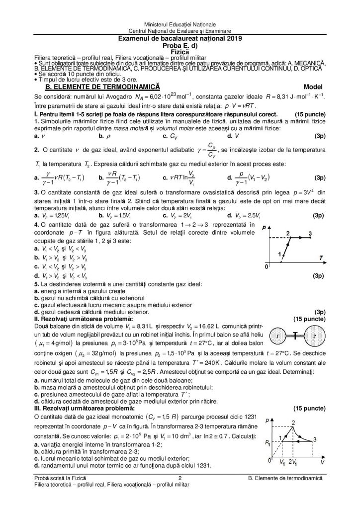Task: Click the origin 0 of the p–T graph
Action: click(266, 267)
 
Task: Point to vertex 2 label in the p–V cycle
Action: click(293, 423)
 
